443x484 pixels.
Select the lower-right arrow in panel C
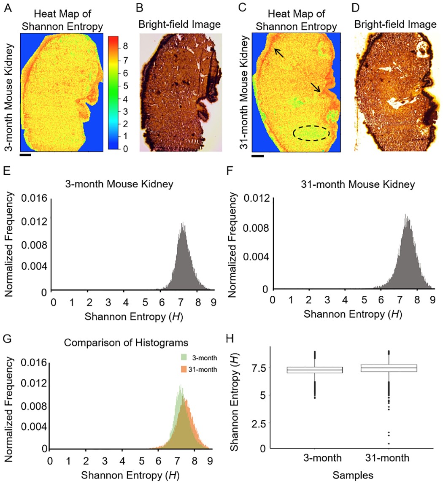coord(315,87)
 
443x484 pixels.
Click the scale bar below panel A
coord(25,155)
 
